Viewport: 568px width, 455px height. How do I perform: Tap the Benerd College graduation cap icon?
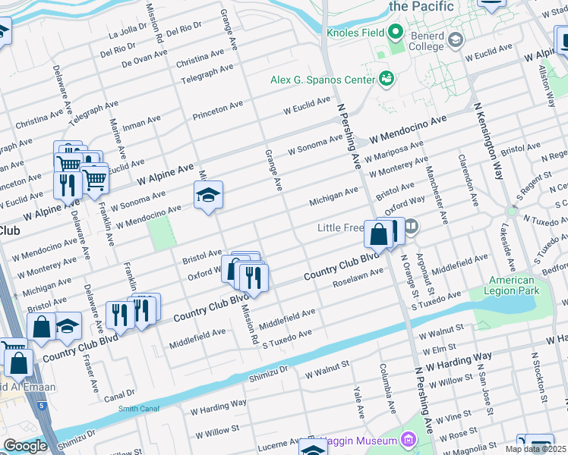[x=456, y=39]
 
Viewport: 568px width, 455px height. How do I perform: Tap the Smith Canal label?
[x=138, y=409]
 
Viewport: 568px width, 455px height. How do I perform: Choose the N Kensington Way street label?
[x=488, y=141]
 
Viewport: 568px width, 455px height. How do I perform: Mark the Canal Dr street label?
[x=120, y=394]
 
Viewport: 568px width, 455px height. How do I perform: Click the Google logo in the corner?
[x=25, y=446]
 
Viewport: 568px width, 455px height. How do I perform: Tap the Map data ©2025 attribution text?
[x=536, y=449]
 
